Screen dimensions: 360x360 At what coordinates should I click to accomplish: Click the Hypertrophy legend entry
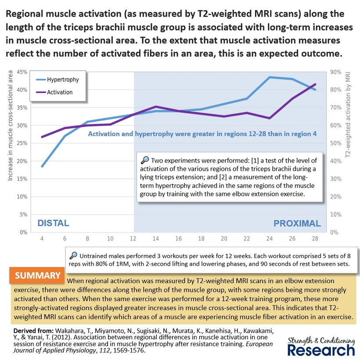pyautogui.click(x=58, y=79)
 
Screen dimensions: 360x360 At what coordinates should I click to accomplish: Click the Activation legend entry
pyautogui.click(x=54, y=92)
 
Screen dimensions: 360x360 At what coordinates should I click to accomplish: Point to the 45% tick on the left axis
pyautogui.click(x=22, y=72)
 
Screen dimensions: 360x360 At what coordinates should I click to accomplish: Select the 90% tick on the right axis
pyautogui.click(x=336, y=72)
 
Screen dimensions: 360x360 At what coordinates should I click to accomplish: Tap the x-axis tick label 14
pyautogui.click(x=156, y=239)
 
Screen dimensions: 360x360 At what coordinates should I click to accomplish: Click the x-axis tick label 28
pyautogui.click(x=315, y=239)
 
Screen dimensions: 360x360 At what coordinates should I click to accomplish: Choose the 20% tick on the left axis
pyautogui.click(x=22, y=161)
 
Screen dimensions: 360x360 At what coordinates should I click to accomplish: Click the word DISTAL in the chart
pyautogui.click(x=53, y=223)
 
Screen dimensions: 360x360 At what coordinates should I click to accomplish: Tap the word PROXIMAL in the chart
pyautogui.click(x=297, y=223)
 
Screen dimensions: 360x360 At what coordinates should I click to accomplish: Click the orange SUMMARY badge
pyautogui.click(x=37, y=275)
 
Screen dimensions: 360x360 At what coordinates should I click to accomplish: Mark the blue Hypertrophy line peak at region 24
pyautogui.click(x=270, y=77)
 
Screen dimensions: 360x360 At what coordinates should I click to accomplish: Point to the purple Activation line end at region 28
pyautogui.click(x=315, y=84)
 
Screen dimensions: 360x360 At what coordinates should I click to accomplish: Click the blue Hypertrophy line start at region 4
pyautogui.click(x=42, y=166)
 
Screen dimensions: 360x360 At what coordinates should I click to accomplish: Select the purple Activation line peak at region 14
pyautogui.click(x=156, y=107)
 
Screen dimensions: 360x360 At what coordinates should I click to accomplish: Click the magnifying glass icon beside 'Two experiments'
pyautogui.click(x=144, y=160)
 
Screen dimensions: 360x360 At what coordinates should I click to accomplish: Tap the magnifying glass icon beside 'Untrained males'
pyautogui.click(x=73, y=256)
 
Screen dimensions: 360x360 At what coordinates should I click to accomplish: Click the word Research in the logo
pyautogui.click(x=321, y=350)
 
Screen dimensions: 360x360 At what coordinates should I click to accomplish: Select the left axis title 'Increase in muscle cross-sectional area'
pyautogui.click(x=10, y=126)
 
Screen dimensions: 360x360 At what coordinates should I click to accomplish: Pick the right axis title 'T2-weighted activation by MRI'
pyautogui.click(x=348, y=115)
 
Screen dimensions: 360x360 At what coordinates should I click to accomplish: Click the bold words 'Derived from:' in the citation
pyautogui.click(x=33, y=331)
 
